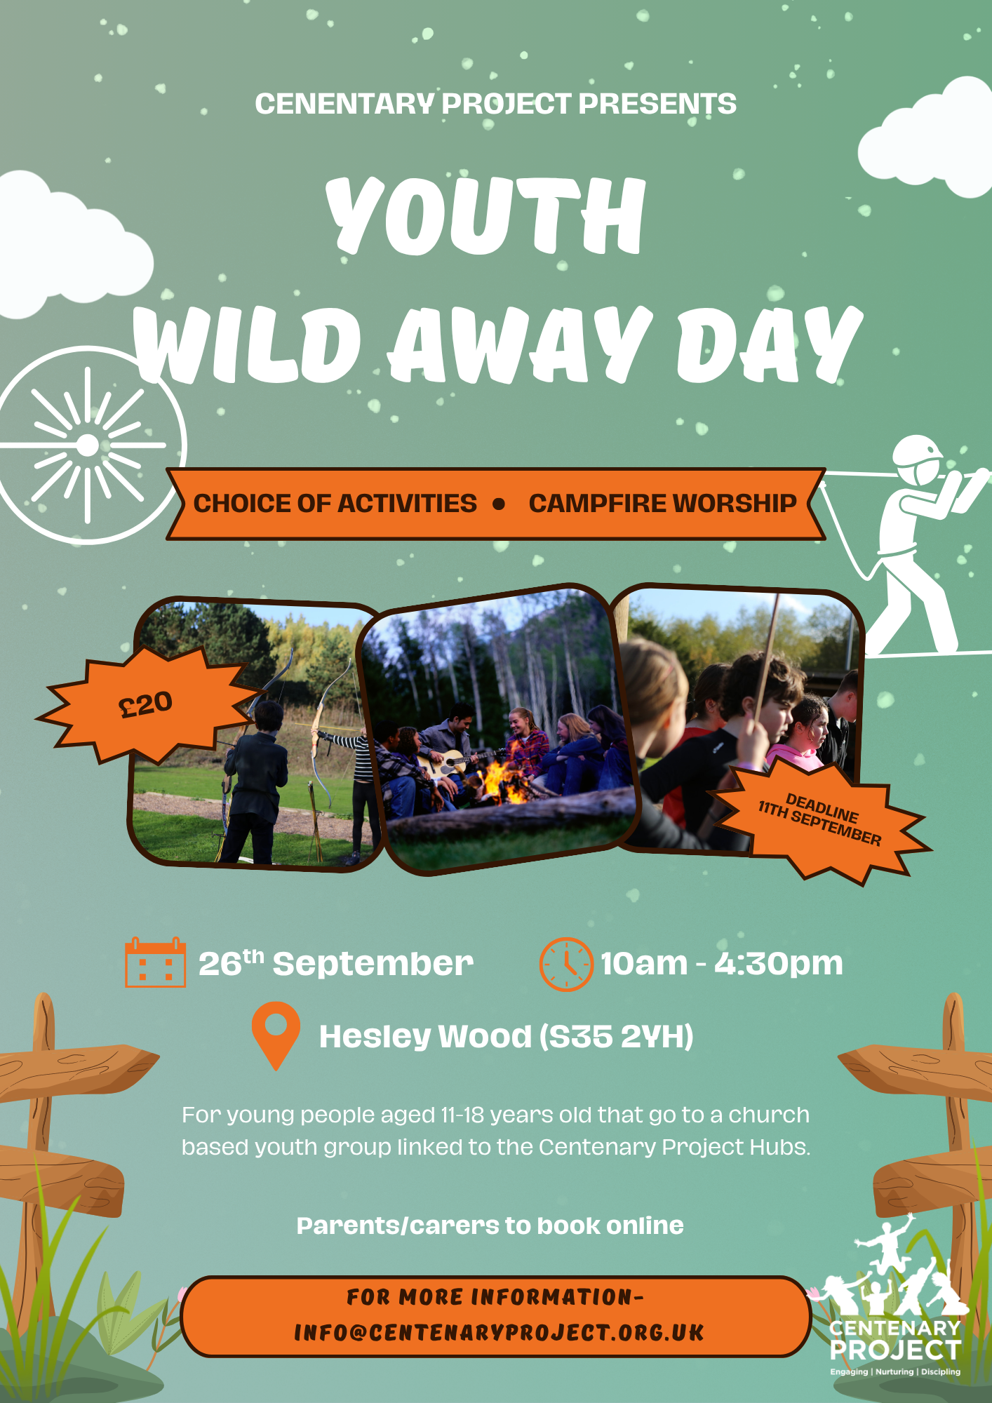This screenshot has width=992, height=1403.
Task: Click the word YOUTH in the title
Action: click(x=485, y=215)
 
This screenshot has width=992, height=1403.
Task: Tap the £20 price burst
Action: click(x=146, y=704)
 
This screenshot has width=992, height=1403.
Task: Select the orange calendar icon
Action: click(x=155, y=962)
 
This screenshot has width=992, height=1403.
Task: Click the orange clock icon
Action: click(x=566, y=964)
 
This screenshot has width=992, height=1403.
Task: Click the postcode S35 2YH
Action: click(x=617, y=1036)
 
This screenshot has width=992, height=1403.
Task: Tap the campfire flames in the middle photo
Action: click(x=504, y=780)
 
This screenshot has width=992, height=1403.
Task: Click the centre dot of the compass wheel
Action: click(x=88, y=445)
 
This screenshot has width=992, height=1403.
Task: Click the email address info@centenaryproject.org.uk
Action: click(x=499, y=1333)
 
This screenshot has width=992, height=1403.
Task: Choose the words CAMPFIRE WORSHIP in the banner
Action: click(x=662, y=504)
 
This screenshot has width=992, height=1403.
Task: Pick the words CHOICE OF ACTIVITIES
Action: click(x=335, y=504)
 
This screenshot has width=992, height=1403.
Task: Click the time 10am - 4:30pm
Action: click(x=721, y=963)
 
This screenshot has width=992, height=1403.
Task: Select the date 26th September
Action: click(x=336, y=963)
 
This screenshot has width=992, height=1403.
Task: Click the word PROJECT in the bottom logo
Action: click(x=895, y=1350)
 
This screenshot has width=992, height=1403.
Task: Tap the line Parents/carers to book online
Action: click(x=490, y=1226)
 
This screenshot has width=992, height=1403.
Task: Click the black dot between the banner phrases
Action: click(x=499, y=504)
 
